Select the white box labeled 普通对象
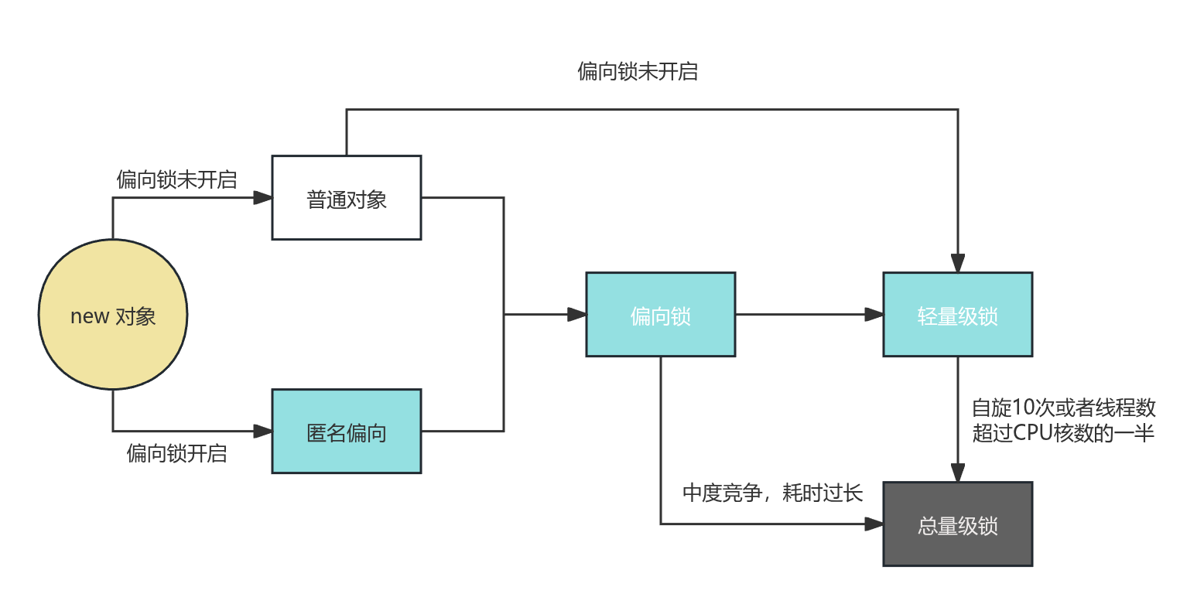(346, 199)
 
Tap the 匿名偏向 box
(346, 432)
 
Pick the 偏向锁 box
(660, 315)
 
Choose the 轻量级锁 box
(957, 315)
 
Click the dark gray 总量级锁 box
(957, 524)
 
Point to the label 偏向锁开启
(176, 453)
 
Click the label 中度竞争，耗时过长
(772, 493)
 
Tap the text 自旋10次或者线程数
(1064, 407)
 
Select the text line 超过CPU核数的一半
(1063, 433)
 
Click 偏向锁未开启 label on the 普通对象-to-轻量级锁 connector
(638, 71)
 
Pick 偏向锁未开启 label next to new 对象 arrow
(176, 179)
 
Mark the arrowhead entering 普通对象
(264, 199)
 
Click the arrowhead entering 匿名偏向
(264, 431)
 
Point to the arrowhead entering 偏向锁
(577, 315)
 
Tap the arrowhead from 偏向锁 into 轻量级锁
(874, 315)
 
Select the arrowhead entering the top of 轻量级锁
(958, 264)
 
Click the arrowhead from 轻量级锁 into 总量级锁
(958, 473)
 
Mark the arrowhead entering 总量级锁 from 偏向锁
(874, 524)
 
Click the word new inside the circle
(89, 316)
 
